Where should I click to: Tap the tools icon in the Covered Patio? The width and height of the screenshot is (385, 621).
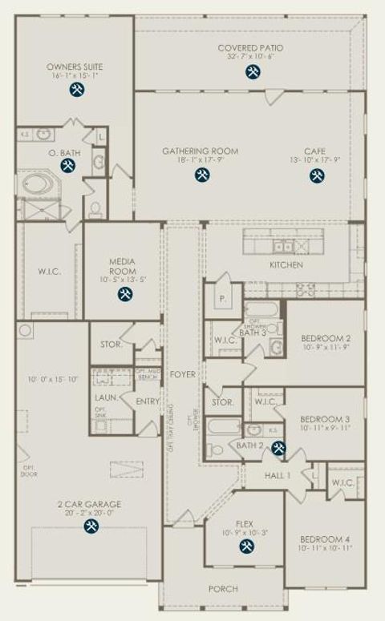[252, 71]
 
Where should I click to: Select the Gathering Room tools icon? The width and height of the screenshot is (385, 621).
[201, 175]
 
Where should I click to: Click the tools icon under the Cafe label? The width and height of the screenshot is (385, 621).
[317, 175]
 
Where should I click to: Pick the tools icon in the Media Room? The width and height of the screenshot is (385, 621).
[124, 294]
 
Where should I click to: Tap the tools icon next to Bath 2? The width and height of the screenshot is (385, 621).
[278, 448]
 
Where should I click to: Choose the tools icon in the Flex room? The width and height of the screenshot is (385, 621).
[245, 547]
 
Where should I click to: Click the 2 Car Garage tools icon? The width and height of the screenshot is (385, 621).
[91, 526]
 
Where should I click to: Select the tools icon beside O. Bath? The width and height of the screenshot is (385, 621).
[68, 166]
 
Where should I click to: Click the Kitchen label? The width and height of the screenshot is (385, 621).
[286, 264]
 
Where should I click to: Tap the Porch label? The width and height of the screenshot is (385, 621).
[223, 589]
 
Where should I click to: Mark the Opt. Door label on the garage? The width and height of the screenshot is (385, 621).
[28, 471]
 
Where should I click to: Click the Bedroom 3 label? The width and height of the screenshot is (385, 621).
[324, 419]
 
